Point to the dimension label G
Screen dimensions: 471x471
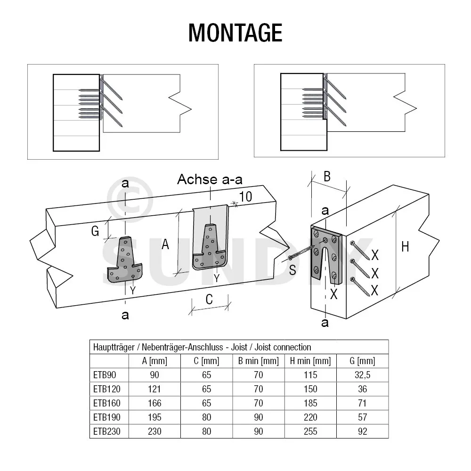(95, 231)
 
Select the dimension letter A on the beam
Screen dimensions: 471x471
(165, 244)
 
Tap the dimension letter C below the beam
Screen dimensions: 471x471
(210, 299)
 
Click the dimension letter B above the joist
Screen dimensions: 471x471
(326, 177)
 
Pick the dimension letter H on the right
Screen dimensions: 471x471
(405, 246)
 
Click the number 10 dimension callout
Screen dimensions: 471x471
(245, 197)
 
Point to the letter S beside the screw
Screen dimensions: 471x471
(292, 270)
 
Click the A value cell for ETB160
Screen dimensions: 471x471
(154, 403)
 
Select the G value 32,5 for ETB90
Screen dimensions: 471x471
(363, 375)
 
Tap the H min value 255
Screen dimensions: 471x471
(311, 431)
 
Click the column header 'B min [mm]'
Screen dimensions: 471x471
(259, 361)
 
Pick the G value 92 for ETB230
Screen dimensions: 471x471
(363, 431)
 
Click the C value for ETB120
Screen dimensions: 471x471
(206, 389)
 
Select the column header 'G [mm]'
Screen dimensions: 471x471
(363, 361)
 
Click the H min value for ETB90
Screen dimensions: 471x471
(311, 375)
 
